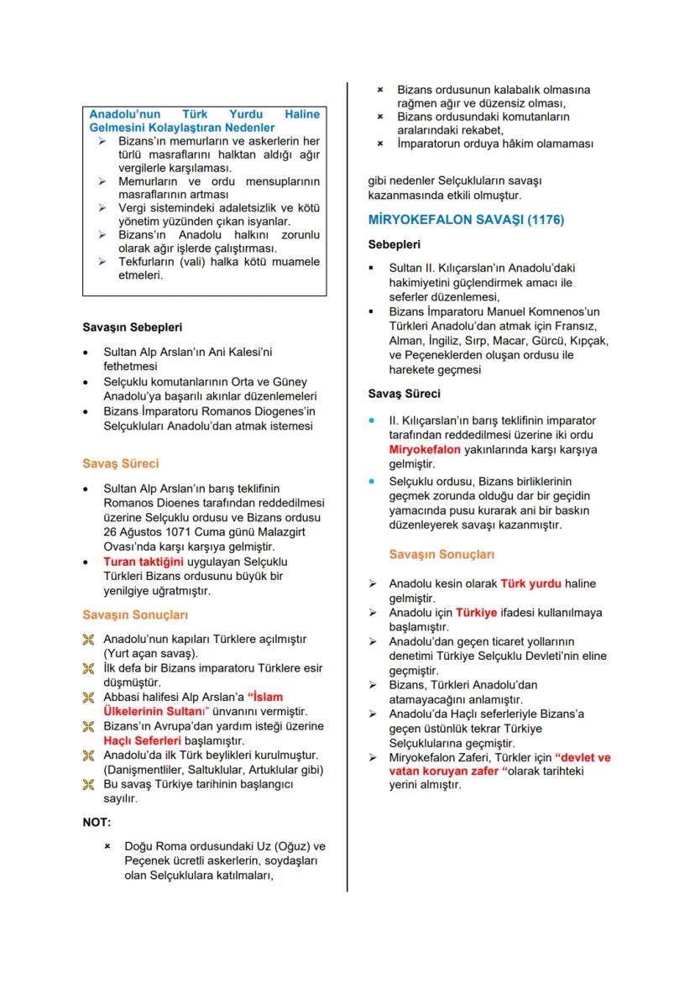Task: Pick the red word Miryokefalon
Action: click(x=425, y=450)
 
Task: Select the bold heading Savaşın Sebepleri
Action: click(x=132, y=327)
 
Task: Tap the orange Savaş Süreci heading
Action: click(x=120, y=463)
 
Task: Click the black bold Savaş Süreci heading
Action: click(x=405, y=393)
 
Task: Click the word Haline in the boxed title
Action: click(x=302, y=114)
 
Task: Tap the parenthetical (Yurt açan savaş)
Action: click(x=150, y=652)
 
